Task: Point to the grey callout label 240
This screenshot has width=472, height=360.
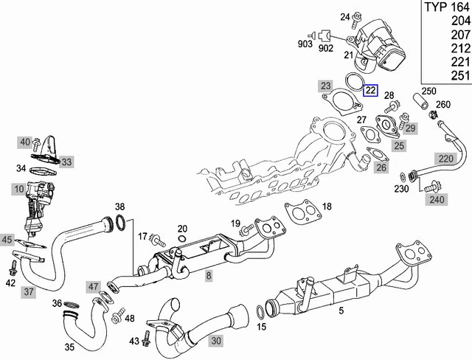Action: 437,198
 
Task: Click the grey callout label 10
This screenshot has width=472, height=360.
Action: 18,190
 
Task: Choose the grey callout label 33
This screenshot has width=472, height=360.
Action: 67,162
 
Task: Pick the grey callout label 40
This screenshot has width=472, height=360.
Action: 25,142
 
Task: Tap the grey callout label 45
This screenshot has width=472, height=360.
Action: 7,239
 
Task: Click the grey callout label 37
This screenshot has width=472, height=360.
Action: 28,292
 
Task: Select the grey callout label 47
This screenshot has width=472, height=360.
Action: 94,286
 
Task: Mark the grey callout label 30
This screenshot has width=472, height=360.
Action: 215,340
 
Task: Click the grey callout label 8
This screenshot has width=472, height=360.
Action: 209,276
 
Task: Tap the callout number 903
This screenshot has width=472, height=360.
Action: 305,44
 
